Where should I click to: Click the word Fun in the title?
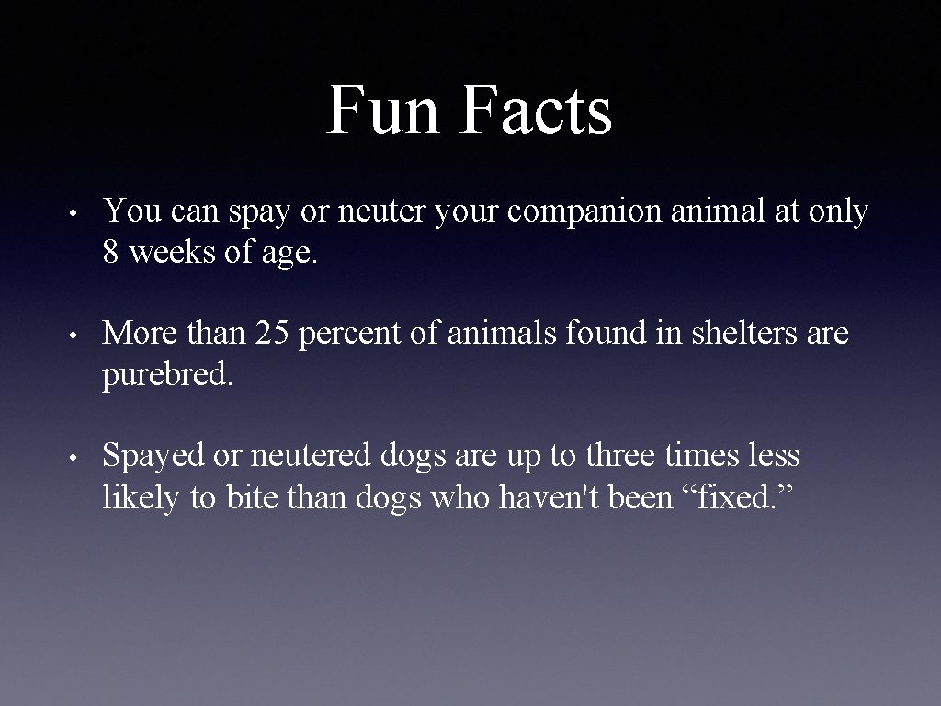[x=382, y=111]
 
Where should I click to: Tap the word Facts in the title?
[x=537, y=111]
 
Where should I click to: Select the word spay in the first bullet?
[x=256, y=212]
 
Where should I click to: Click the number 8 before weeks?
[x=111, y=254]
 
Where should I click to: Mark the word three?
[x=656, y=456]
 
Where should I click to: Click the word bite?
[x=253, y=497]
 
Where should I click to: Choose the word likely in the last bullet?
[x=142, y=497]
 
